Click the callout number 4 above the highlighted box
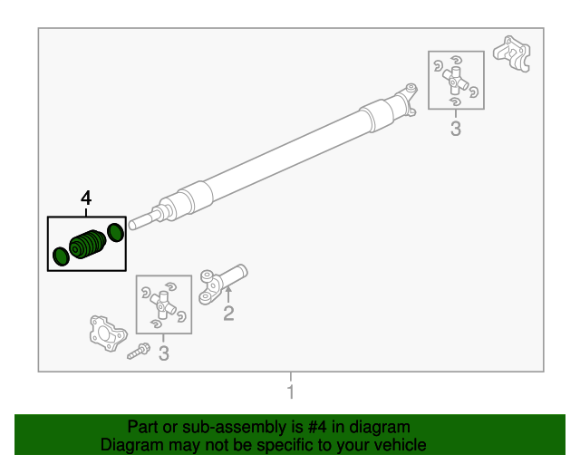pos(86,198)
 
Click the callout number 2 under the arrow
pos(228,314)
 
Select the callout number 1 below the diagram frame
pos(291,391)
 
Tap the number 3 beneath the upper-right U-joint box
pos(456,129)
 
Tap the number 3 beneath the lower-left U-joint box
pos(163,353)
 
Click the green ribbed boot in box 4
pos(88,244)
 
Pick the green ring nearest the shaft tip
pos(115,233)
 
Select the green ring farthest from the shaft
pos(61,256)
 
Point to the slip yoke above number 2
pos(223,284)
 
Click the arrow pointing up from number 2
pos(228,295)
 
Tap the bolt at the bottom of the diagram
pos(139,351)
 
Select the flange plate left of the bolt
pos(108,333)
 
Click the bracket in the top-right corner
pos(511,53)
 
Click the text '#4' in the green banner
pos(317,427)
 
